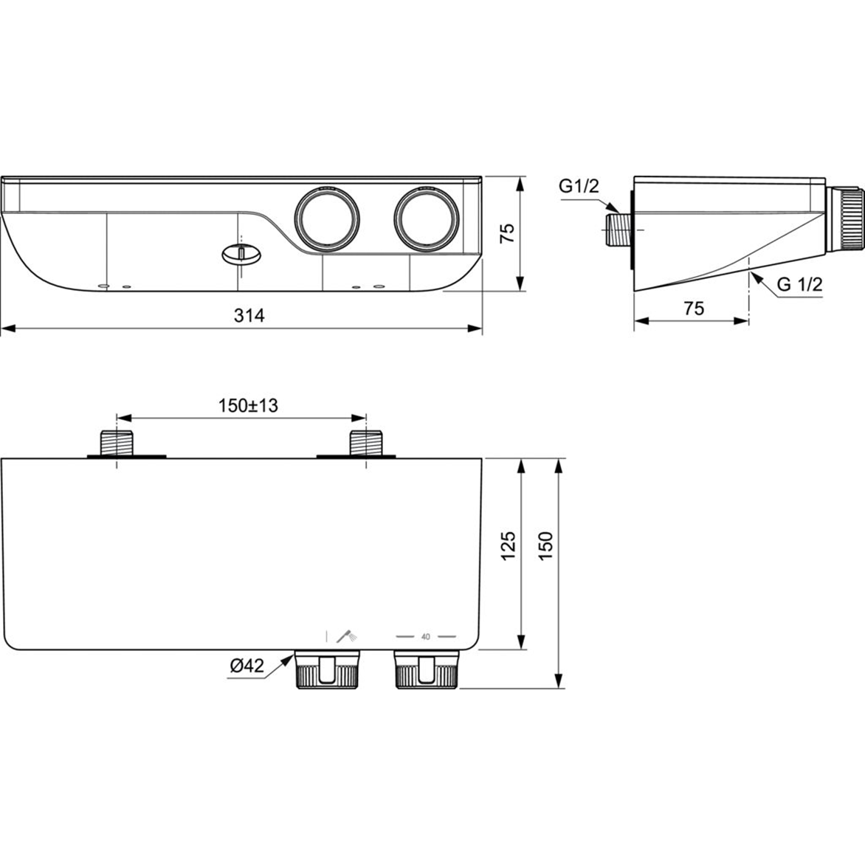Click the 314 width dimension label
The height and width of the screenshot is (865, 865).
coord(249,316)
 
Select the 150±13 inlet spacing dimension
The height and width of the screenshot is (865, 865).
coord(248,405)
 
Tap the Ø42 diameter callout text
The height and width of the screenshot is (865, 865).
coord(246,666)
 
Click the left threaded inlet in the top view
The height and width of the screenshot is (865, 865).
coord(117,443)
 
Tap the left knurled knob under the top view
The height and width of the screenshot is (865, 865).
coord(328,670)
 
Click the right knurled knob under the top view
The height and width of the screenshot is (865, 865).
coord(426,670)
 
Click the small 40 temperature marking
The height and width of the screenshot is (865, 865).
coord(426,635)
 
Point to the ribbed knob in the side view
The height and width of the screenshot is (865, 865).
coord(847,219)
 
